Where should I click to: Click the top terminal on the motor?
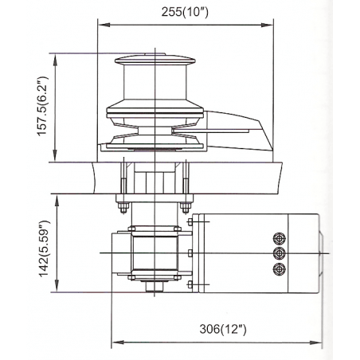click(x=278, y=238)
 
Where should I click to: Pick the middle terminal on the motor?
click(x=278, y=254)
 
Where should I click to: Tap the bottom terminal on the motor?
click(x=278, y=270)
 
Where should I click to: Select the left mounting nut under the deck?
click(x=122, y=209)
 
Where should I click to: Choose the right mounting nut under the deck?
click(x=185, y=209)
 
